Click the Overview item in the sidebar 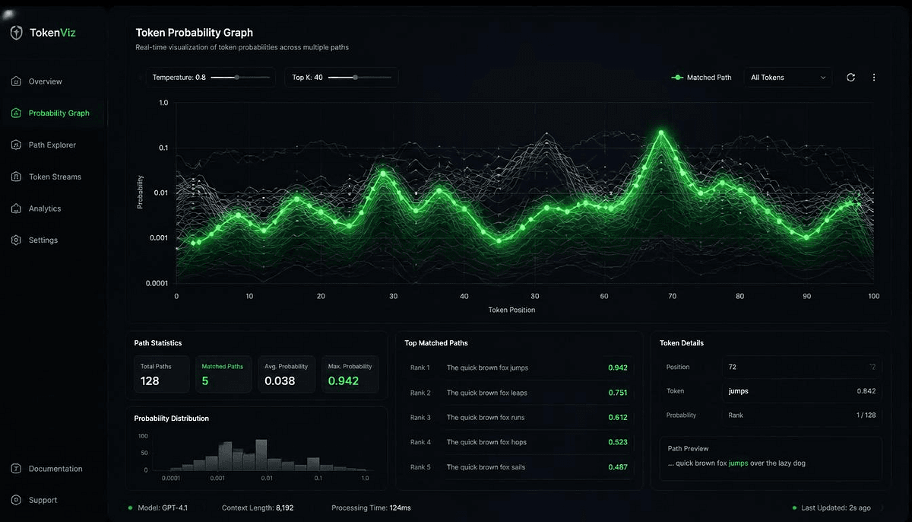point(45,81)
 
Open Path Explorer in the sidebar point(52,145)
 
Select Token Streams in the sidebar point(55,177)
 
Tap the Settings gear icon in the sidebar point(16,240)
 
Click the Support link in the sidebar point(43,500)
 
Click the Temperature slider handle point(236,78)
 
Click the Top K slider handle point(355,78)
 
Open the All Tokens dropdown point(788,78)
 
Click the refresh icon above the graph point(850,78)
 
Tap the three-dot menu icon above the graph point(874,78)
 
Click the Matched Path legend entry point(701,78)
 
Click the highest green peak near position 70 point(661,133)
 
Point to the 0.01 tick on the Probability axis point(161,193)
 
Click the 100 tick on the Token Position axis point(873,296)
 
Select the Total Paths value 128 point(150,381)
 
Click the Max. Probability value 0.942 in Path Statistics point(344,381)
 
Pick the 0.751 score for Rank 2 point(618,393)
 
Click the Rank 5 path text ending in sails point(486,467)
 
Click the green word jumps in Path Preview point(738,463)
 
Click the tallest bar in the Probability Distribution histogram point(261,455)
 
